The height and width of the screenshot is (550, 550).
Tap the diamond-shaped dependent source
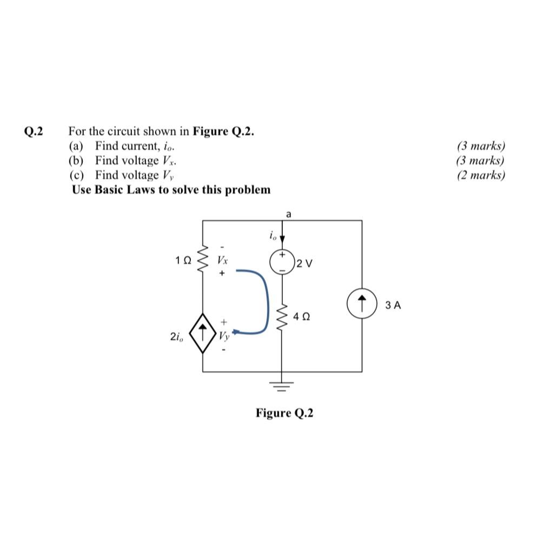click(x=202, y=333)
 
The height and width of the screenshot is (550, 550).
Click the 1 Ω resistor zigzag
click(x=203, y=260)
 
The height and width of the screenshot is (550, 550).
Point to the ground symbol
click(x=281, y=385)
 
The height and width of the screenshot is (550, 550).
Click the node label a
click(x=288, y=215)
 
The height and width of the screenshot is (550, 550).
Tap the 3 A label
click(x=393, y=306)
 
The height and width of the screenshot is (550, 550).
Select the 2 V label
click(x=304, y=264)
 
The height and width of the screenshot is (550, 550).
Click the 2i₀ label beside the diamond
click(x=176, y=337)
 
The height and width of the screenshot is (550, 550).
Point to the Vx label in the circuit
click(x=222, y=260)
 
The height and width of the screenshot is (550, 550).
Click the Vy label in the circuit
click(x=223, y=336)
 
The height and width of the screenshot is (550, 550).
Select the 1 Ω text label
click(x=183, y=260)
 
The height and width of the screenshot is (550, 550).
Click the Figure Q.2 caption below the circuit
click(x=284, y=413)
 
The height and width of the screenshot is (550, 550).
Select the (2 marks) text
click(x=481, y=175)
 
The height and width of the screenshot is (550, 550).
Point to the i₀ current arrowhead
click(x=282, y=240)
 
